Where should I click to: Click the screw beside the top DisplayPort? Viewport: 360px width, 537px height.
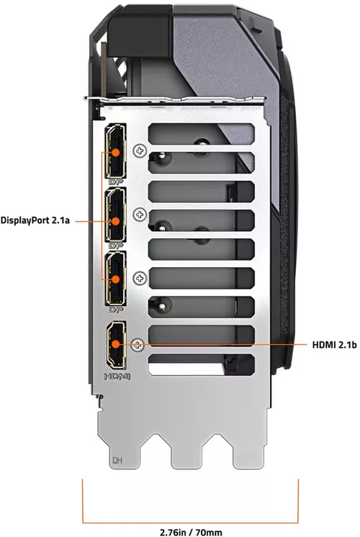pyautogui.click(x=140, y=150)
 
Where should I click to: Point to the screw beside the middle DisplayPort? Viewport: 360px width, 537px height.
pyautogui.click(x=140, y=214)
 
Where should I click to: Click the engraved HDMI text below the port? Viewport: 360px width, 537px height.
pyautogui.click(x=117, y=376)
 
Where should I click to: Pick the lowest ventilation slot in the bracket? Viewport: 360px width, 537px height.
pyautogui.click(x=202, y=367)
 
